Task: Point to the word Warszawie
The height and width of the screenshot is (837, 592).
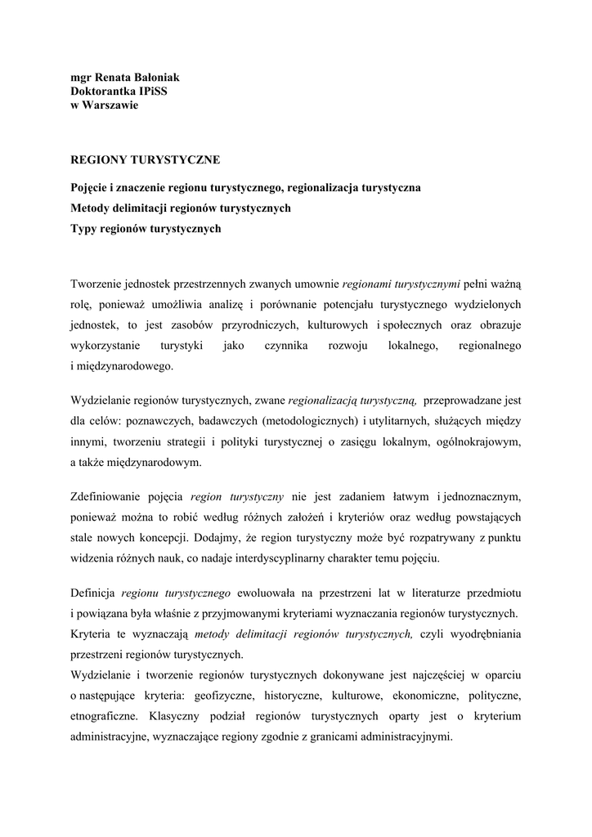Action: coord(109,105)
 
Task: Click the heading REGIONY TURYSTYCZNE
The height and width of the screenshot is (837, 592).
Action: coord(146,160)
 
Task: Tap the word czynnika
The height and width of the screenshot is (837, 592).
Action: coord(285,346)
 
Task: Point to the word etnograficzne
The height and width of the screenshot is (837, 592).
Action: coord(104,716)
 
